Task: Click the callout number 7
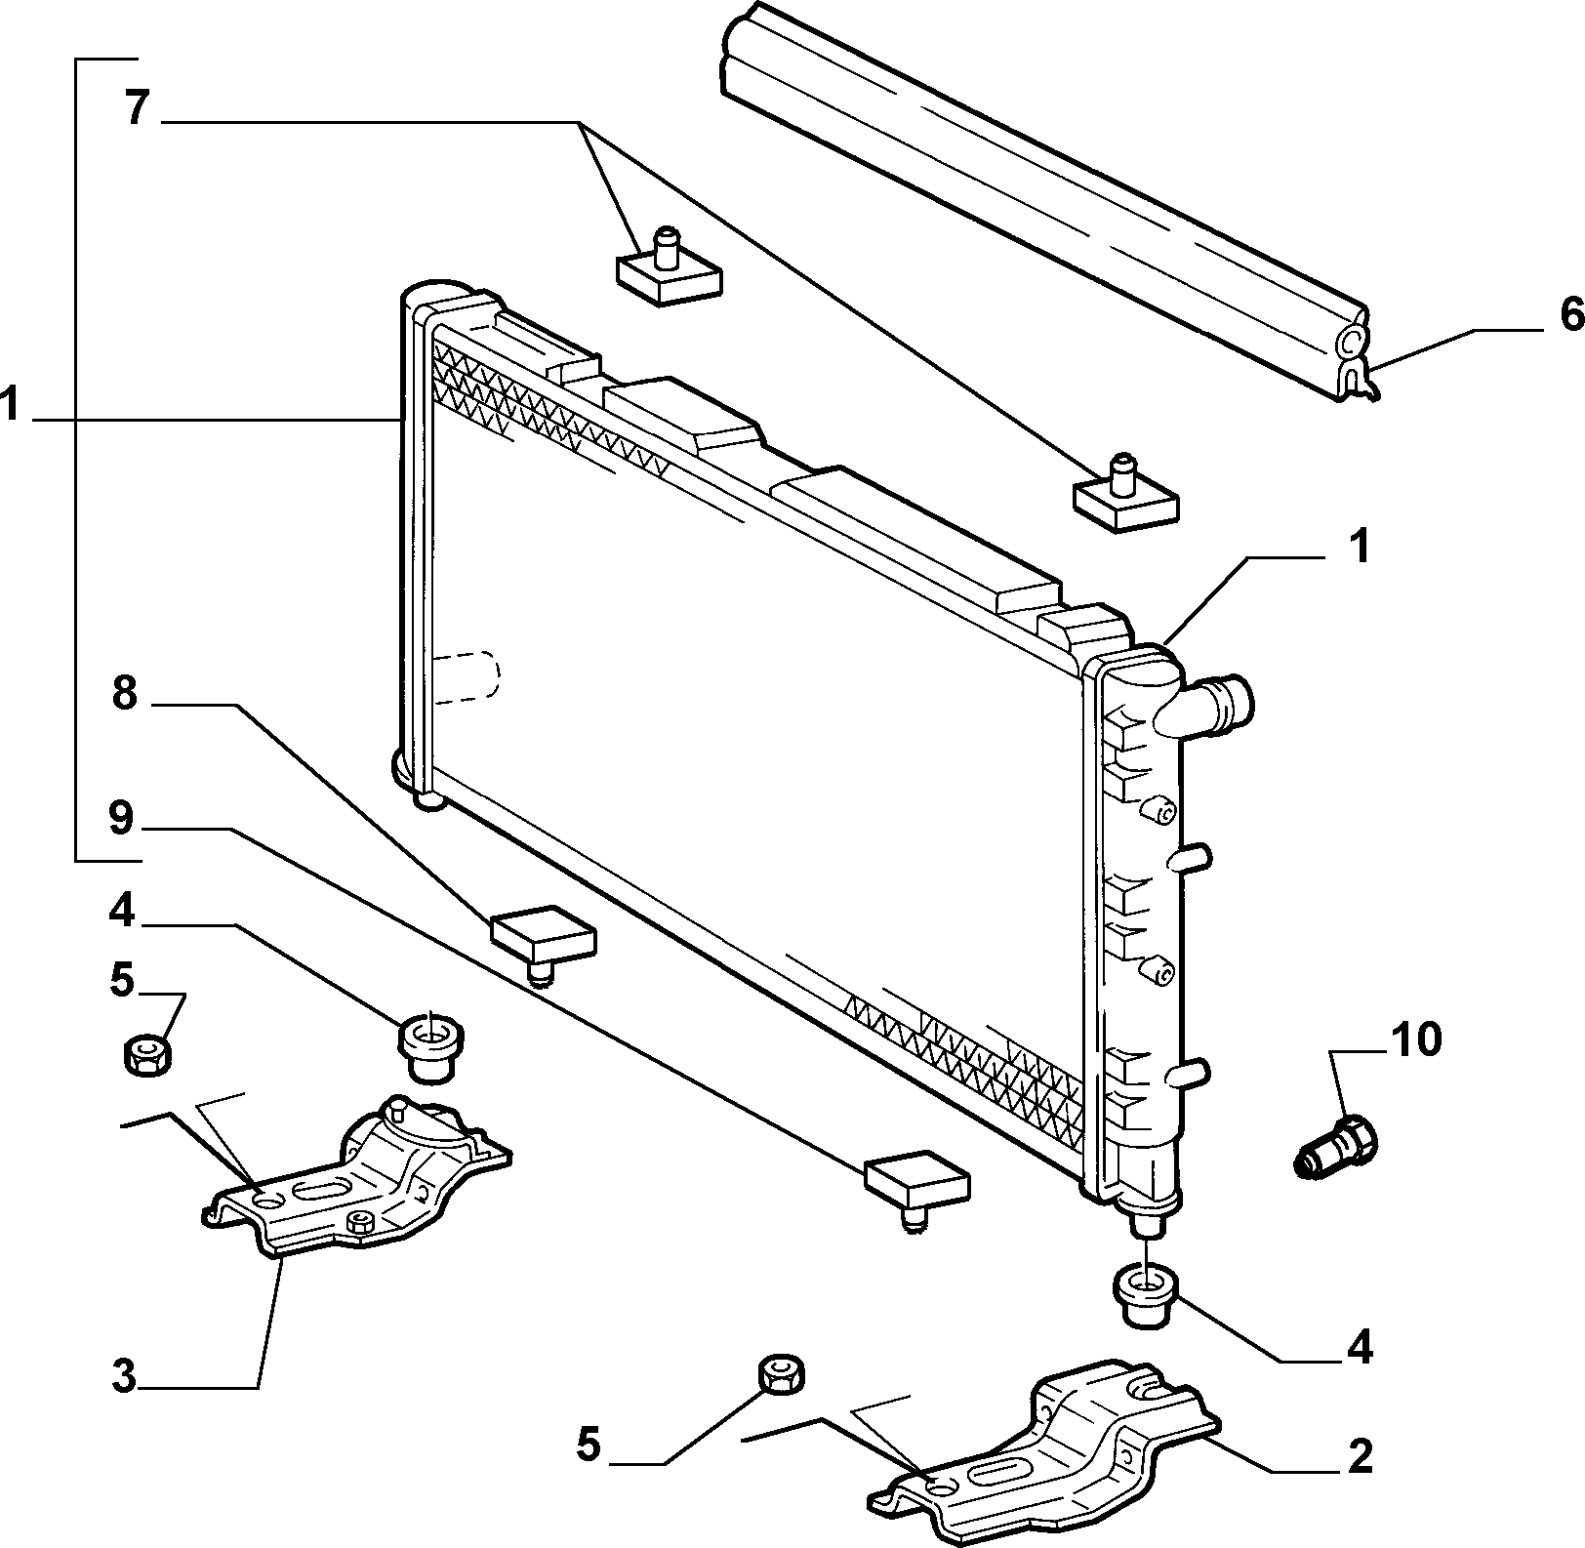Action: [137, 107]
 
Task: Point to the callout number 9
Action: [120, 818]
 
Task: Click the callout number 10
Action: [1415, 1039]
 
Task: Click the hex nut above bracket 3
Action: [148, 1055]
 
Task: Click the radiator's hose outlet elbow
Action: [1205, 705]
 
